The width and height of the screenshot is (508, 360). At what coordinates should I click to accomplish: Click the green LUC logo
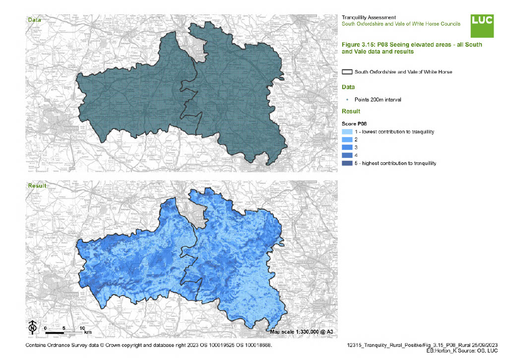(x=482, y=26)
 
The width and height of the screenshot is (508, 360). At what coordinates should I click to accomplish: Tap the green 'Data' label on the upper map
(x=34, y=20)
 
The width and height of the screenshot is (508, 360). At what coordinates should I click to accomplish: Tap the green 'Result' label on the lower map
(x=37, y=186)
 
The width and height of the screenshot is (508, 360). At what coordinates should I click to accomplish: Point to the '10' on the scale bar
(x=82, y=328)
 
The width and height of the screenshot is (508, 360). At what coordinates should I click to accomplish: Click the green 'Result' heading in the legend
(x=351, y=111)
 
